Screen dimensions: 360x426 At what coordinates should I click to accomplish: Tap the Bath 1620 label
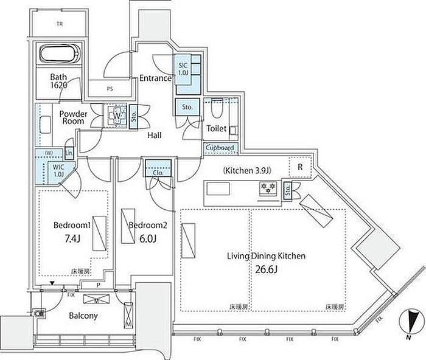pyautogui.click(x=58, y=82)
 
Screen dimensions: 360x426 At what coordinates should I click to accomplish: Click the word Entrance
pyautogui.click(x=156, y=78)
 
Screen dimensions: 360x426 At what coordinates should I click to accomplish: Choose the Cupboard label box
pyautogui.click(x=219, y=148)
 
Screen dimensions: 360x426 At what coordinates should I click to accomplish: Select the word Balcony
pyautogui.click(x=83, y=316)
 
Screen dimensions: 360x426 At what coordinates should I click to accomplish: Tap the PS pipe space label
pyautogui.click(x=110, y=89)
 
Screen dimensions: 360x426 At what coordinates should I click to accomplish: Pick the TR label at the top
pyautogui.click(x=60, y=25)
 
